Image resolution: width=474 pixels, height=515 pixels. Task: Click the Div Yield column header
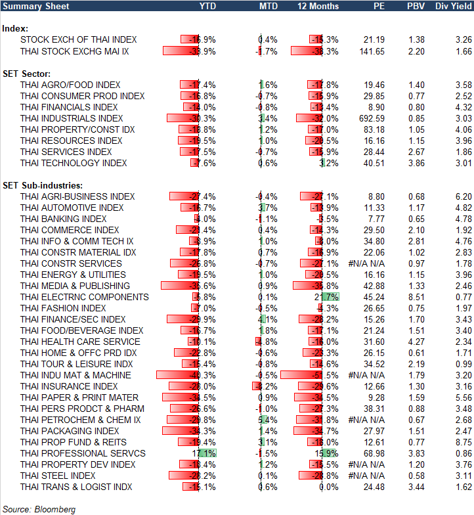tap(453, 6)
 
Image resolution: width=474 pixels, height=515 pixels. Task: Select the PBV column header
tap(416, 6)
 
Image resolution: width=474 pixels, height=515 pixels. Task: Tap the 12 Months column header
tap(318, 6)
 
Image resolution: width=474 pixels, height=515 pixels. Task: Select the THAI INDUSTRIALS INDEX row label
tap(72, 118)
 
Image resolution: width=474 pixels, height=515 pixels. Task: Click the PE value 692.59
tap(371, 118)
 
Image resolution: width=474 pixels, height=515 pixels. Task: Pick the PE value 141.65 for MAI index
tap(371, 51)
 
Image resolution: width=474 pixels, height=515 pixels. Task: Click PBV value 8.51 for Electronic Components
tap(416, 297)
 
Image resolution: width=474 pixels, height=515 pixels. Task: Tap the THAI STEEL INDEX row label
tap(58, 476)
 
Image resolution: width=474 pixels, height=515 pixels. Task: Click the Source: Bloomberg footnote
tap(39, 509)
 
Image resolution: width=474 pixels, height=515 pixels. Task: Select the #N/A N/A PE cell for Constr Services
tap(366, 263)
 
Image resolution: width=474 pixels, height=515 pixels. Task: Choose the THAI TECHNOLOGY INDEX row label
tap(74, 163)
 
